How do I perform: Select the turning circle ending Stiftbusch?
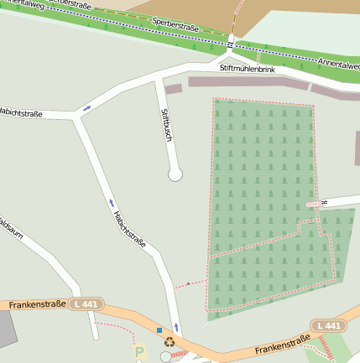pyautogui.click(x=175, y=174)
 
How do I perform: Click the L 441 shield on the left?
pyautogui.click(x=85, y=303)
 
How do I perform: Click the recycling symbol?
pyautogui.click(x=169, y=342)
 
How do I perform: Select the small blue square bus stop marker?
pyautogui.click(x=159, y=329)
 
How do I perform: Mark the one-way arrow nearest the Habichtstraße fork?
pyautogui.click(x=86, y=108)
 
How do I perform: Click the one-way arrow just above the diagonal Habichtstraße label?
pyautogui.click(x=110, y=202)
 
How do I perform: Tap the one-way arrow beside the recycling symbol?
pyautogui.click(x=176, y=326)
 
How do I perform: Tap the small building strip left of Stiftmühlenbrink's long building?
pyautogui.click(x=173, y=88)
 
